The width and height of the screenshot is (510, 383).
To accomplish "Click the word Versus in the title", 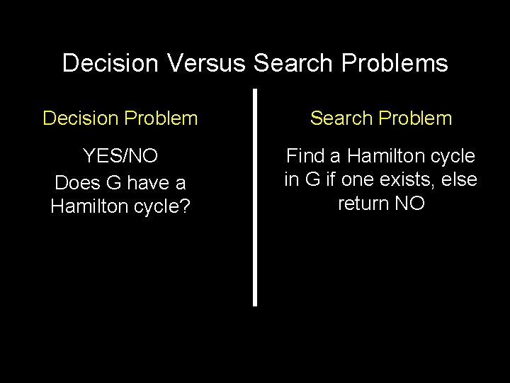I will click(x=209, y=63).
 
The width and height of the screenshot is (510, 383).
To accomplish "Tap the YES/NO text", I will click(x=120, y=156).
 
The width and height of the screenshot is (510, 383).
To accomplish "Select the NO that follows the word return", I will click(x=411, y=205).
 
